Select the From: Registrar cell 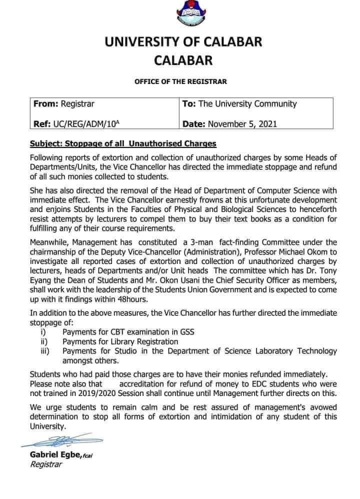tap(63, 104)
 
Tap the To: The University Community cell tap(239, 104)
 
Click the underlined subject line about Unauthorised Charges tap(123, 143)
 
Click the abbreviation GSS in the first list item tap(186, 332)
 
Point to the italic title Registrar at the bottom tap(46, 464)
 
